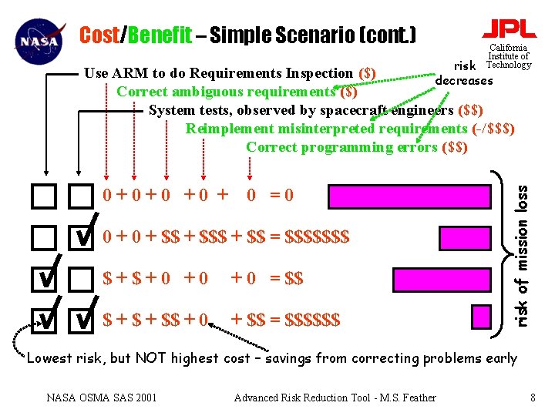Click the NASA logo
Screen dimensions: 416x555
point(37,39)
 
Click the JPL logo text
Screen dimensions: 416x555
point(509,29)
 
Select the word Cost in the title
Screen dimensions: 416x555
point(99,35)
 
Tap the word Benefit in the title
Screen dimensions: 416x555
point(160,35)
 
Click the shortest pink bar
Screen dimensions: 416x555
point(481,317)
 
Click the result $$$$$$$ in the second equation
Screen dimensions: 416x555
point(317,236)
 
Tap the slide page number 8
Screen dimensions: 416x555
point(533,398)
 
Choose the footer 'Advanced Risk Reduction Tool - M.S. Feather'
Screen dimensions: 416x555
point(335,398)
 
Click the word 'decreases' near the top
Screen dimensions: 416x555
point(464,80)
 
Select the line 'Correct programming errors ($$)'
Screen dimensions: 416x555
point(356,147)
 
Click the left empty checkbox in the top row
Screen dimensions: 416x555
point(44,198)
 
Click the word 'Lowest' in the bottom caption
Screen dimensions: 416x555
point(50,357)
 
